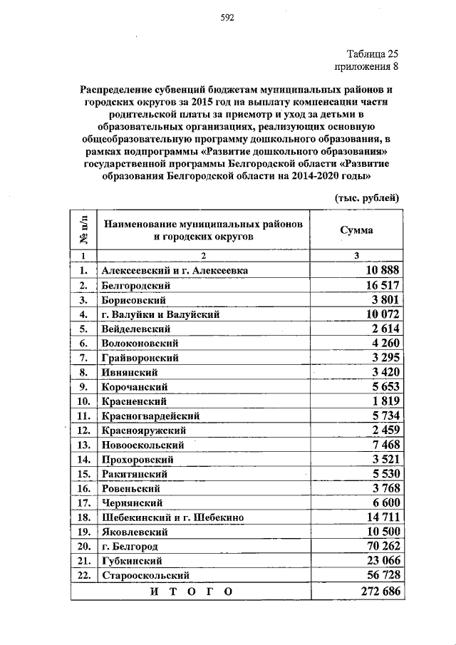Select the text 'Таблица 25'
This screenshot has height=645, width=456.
(373, 54)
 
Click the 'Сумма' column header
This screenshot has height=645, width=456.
(356, 230)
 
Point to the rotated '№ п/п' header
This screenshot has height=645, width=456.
(83, 230)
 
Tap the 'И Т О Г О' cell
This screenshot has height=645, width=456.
(192, 592)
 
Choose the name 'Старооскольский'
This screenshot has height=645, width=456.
(145, 575)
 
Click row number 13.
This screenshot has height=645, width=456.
(83, 445)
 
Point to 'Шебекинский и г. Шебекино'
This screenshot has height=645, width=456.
(176, 517)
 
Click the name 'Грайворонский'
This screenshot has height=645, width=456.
(140, 358)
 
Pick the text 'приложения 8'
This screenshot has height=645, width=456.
(367, 68)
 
